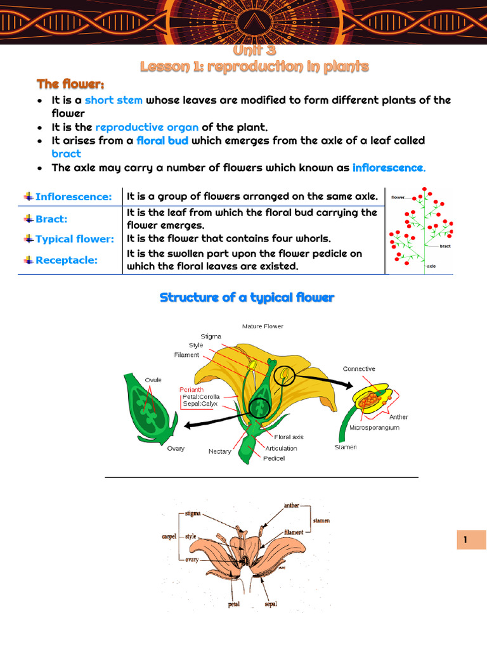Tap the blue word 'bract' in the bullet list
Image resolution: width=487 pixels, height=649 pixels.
[66, 153]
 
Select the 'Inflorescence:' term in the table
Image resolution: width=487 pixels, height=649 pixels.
[73, 197]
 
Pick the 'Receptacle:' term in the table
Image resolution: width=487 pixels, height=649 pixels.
[66, 260]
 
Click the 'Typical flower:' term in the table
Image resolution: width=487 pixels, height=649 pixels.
[74, 239]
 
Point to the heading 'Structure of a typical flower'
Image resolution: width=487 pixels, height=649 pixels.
[247, 297]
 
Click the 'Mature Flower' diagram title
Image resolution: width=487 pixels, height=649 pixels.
[263, 326]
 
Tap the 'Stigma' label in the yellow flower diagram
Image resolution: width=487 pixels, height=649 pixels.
[211, 337]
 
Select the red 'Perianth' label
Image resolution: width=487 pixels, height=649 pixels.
[192, 390]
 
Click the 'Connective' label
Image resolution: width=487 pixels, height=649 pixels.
[359, 369]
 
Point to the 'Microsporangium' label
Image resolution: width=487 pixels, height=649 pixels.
[374, 428]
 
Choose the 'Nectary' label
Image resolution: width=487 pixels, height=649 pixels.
[219, 452]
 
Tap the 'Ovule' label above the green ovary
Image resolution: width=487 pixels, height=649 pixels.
[153, 380]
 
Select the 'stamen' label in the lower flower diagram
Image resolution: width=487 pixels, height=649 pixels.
[321, 521]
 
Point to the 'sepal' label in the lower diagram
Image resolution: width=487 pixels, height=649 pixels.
[271, 604]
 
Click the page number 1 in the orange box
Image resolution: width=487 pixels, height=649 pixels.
[465, 540]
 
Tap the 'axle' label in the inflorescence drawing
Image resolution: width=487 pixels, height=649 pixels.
[431, 267]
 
